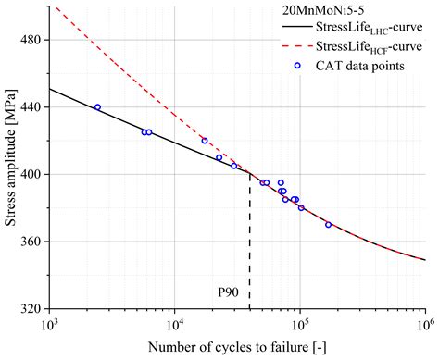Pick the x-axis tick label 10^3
[48, 325]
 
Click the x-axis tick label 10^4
[173, 325]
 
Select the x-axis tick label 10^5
[299, 325]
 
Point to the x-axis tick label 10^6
[424, 325]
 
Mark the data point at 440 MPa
[97, 107]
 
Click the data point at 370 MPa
[328, 225]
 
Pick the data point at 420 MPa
[205, 141]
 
